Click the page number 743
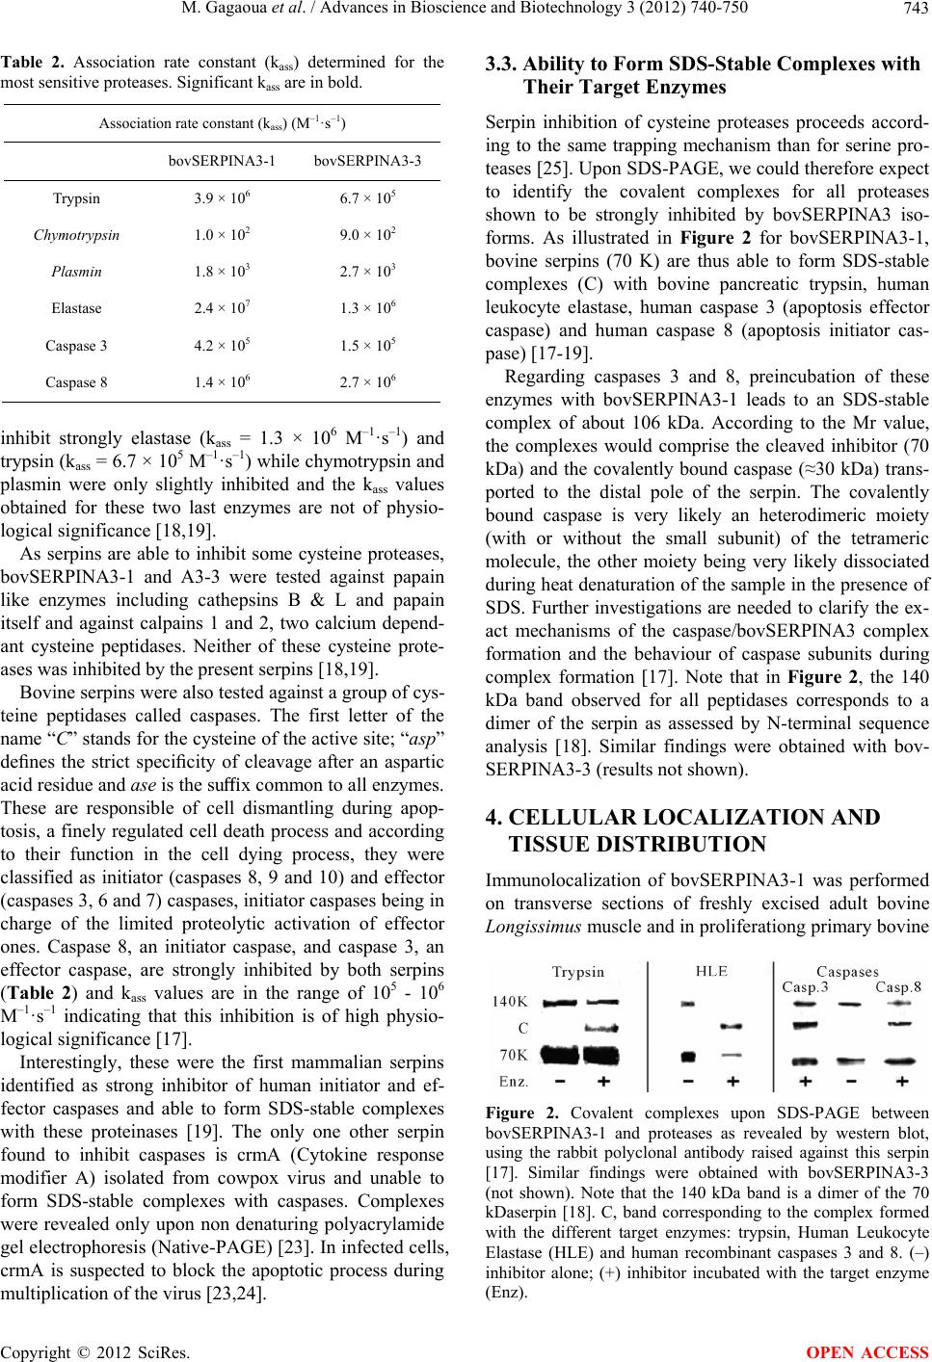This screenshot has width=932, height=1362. pyautogui.click(x=914, y=11)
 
